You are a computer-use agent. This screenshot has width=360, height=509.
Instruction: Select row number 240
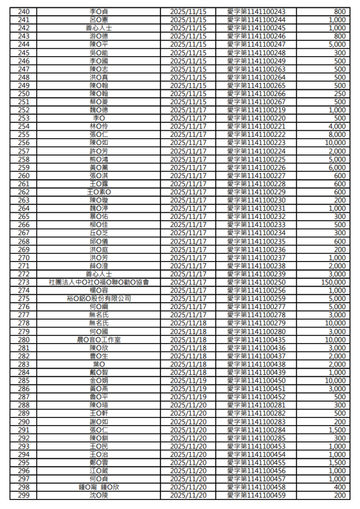click(23, 11)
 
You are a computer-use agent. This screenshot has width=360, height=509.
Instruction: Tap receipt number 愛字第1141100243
click(256, 11)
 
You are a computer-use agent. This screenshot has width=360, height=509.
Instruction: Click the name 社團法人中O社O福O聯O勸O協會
click(98, 282)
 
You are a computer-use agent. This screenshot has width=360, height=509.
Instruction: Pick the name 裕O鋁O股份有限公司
click(98, 299)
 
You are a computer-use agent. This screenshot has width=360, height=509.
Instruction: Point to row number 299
click(23, 496)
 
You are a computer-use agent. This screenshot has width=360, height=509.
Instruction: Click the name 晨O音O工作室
click(98, 339)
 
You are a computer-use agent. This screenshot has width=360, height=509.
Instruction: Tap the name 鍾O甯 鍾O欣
click(98, 487)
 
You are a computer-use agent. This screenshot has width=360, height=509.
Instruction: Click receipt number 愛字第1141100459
click(256, 496)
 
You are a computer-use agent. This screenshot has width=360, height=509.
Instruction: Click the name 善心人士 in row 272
click(98, 274)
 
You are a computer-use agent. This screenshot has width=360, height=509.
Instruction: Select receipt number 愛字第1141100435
click(256, 339)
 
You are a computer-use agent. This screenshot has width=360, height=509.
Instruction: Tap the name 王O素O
click(98, 192)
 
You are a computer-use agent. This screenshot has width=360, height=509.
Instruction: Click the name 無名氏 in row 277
click(98, 315)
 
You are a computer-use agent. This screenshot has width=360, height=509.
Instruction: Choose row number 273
click(23, 282)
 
